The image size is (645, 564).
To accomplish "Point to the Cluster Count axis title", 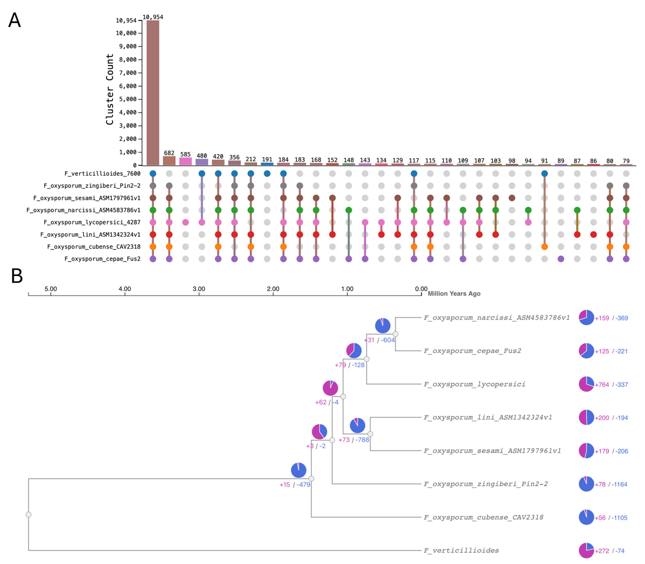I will coord(110,89).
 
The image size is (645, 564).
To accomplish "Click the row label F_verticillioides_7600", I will coord(102,173).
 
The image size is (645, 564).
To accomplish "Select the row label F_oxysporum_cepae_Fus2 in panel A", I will coord(102,259).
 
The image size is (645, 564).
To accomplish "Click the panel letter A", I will coord(14,20).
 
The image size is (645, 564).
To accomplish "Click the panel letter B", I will coord(17,276).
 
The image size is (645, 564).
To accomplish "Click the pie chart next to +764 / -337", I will coord(586,384).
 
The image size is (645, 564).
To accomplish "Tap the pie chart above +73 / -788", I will coord(357,425).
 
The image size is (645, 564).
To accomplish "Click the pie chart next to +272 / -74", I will coord(586,551).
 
